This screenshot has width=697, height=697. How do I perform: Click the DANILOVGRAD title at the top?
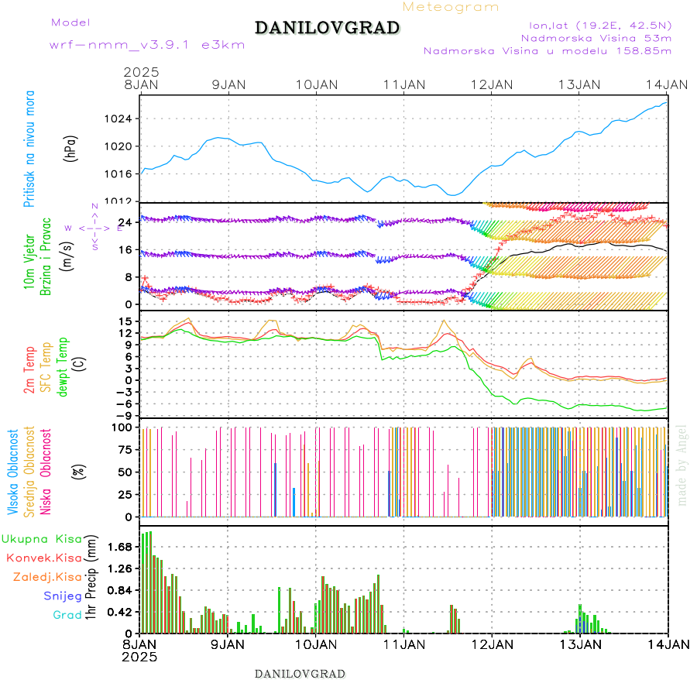click(327, 29)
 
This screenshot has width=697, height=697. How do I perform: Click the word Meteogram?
click(451, 7)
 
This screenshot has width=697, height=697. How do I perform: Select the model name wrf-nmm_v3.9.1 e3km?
click(147, 45)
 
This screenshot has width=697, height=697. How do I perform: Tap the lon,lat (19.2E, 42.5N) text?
click(595, 24)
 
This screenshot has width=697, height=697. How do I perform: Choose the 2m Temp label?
click(29, 370)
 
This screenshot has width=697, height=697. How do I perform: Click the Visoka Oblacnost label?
click(13, 472)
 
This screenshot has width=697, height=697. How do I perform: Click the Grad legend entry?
click(67, 615)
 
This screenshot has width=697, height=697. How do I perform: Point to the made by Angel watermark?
click(682, 465)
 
